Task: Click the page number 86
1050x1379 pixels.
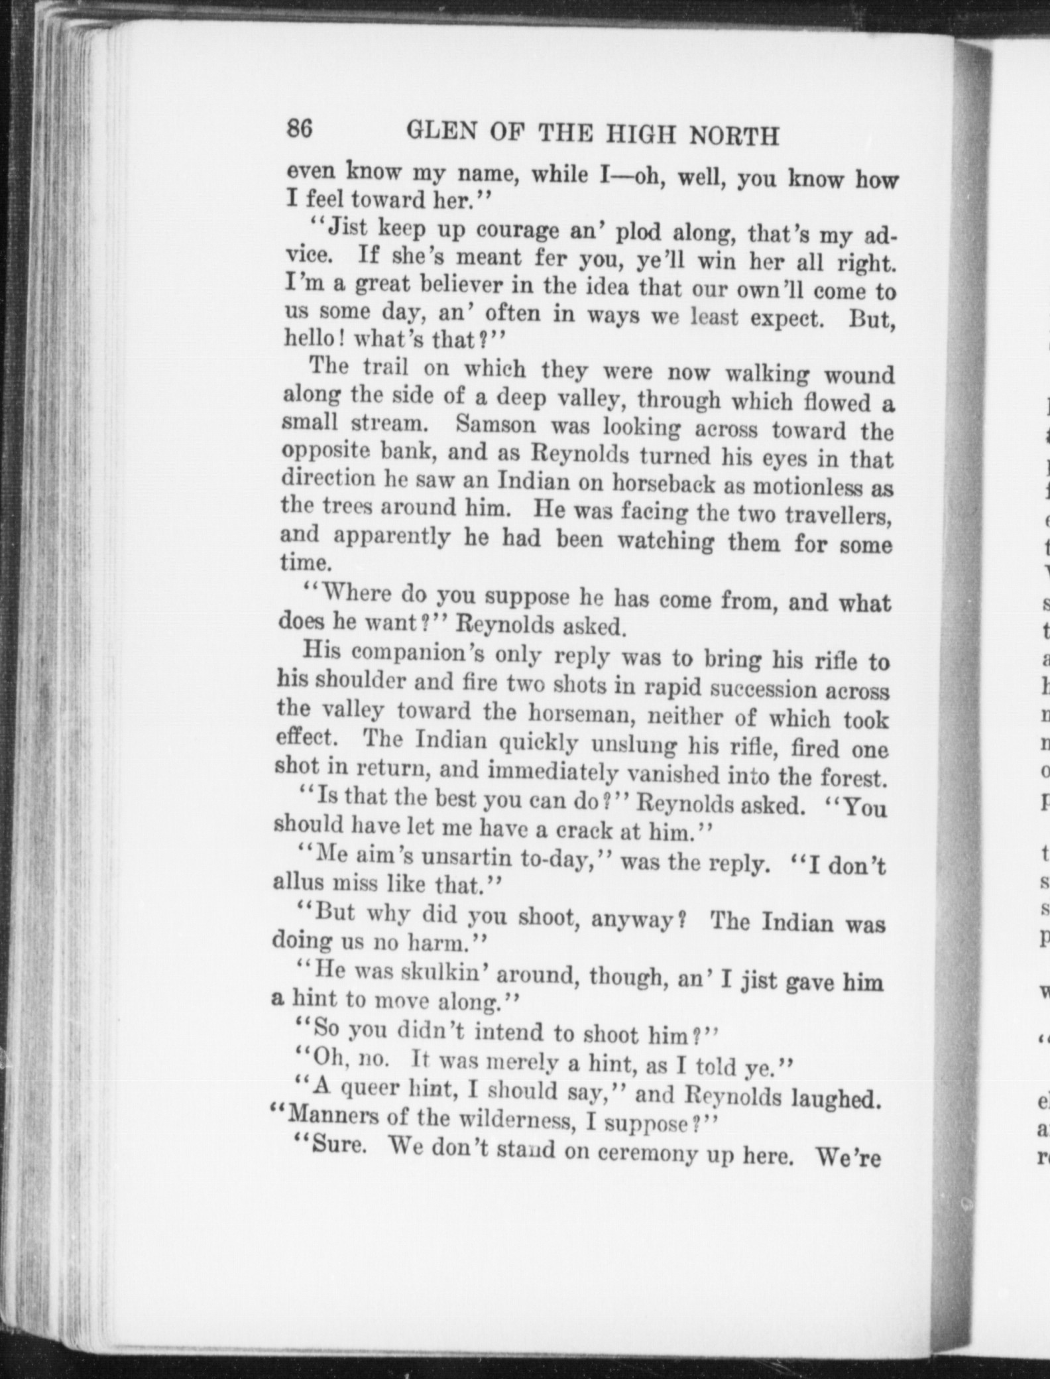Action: tap(299, 128)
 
